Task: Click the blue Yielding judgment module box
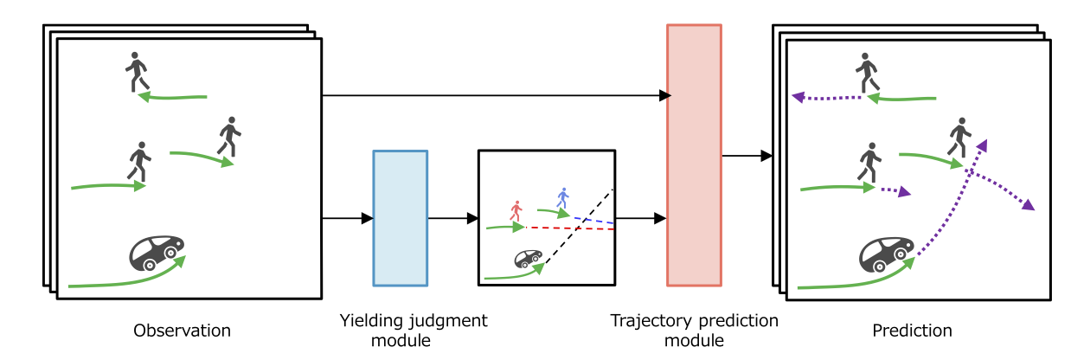click(x=400, y=218)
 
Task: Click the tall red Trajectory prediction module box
click(x=693, y=155)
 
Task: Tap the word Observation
click(x=182, y=331)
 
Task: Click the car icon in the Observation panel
click(x=157, y=252)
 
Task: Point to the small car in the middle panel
click(x=528, y=258)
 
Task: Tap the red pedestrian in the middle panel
click(x=516, y=210)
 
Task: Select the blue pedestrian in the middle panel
click(x=563, y=198)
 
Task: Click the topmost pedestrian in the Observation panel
click(x=136, y=72)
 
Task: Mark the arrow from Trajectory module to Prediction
click(x=747, y=156)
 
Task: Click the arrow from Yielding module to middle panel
click(x=452, y=219)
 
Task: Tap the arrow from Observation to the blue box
click(x=347, y=219)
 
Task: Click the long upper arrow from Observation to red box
click(x=493, y=95)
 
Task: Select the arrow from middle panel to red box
click(x=641, y=219)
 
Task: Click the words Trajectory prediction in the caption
click(x=694, y=321)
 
